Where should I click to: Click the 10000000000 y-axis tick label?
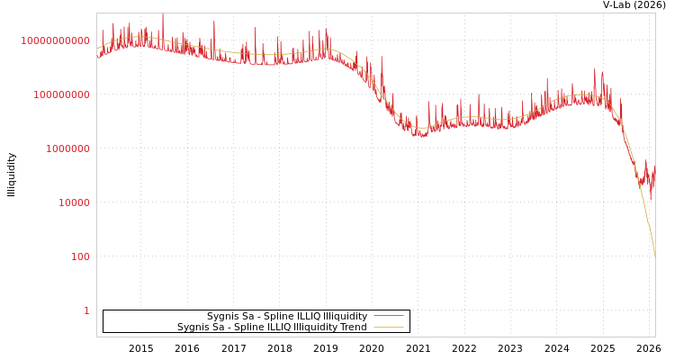coord(55,40)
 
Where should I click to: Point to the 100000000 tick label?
coord(61,94)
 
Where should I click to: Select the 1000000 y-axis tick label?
coord(67,148)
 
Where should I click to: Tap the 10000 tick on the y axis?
coord(75,202)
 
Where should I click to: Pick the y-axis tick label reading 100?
coord(81,256)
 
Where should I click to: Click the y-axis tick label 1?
coord(87,310)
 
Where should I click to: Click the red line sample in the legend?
coord(388,316)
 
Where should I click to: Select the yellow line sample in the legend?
coord(388,327)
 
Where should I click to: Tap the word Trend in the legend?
coord(353,327)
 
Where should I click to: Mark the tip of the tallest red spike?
coord(163,14)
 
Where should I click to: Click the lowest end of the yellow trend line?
coord(654,259)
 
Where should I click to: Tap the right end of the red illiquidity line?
coord(654,168)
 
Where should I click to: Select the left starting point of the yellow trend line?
coord(97,49)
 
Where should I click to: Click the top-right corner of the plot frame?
coord(655,13)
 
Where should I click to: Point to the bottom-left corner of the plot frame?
coord(96,337)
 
